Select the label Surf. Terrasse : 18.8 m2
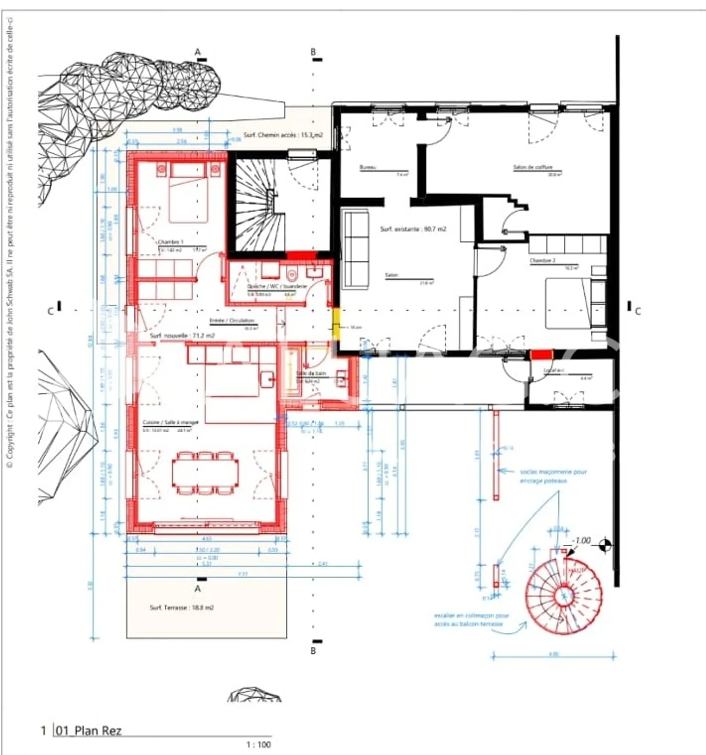[x=181, y=608]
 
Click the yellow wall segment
[x=336, y=322]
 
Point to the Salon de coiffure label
[x=532, y=167]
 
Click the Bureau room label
[x=368, y=168]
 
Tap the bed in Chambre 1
[x=188, y=194]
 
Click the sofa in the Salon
[x=356, y=248]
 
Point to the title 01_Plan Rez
[x=88, y=731]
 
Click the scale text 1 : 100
[x=258, y=745]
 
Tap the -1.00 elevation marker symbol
[x=605, y=544]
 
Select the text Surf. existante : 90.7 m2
[x=413, y=229]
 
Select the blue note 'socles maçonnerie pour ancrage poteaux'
[x=553, y=476]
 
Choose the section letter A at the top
[x=198, y=52]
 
